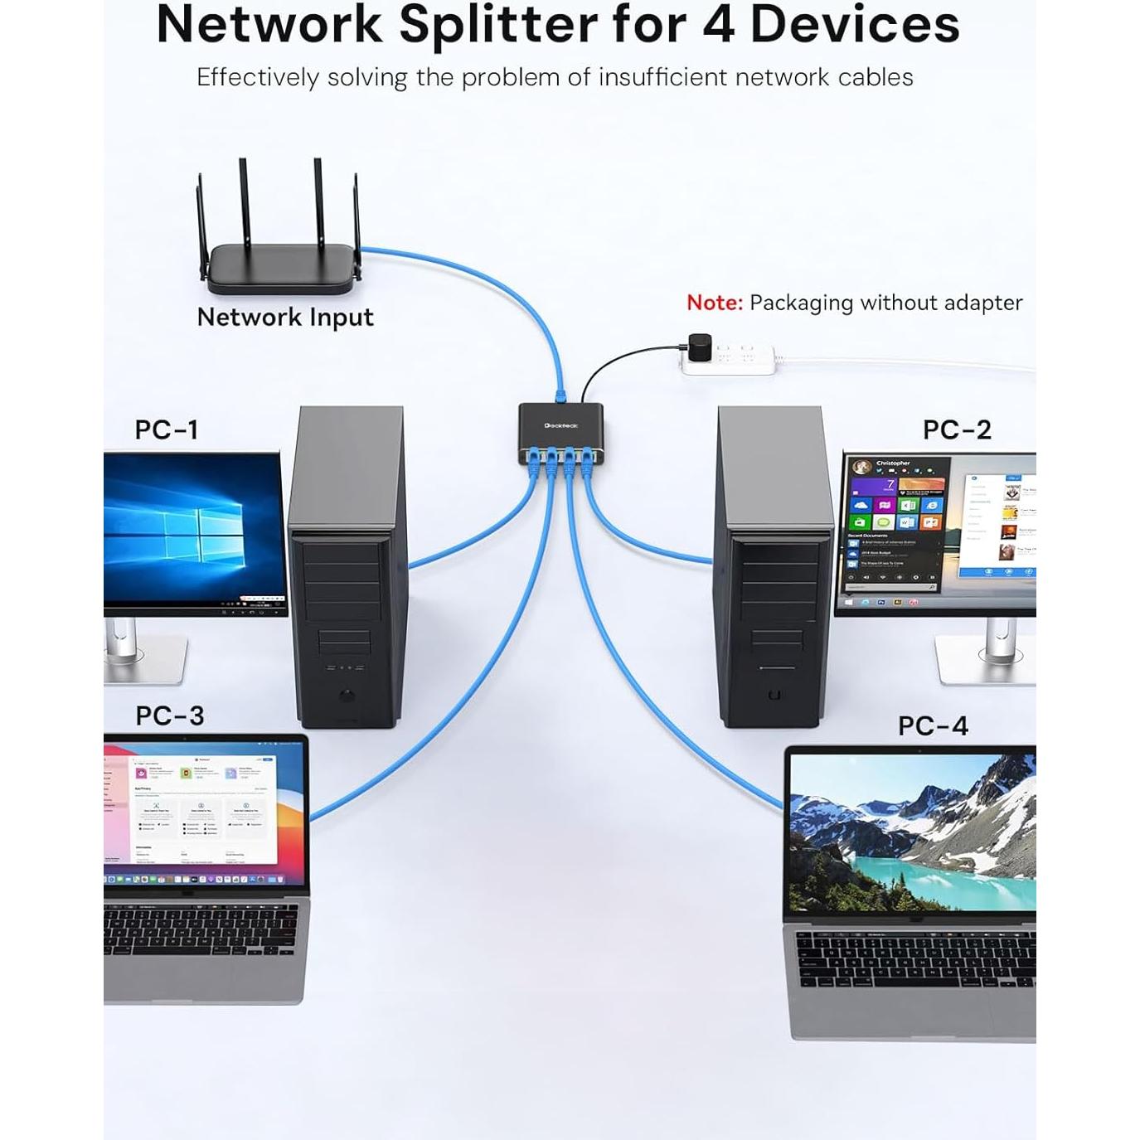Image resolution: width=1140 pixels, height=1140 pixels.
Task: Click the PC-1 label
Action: [167, 429]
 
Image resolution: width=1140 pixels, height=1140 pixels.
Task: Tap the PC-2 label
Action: [957, 429]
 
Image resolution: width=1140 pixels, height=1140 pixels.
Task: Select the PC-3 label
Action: [170, 716]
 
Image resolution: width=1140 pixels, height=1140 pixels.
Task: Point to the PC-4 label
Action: [933, 726]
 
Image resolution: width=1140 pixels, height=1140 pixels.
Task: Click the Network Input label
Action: [285, 317]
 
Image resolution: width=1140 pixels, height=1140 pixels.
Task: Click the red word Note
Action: [714, 303]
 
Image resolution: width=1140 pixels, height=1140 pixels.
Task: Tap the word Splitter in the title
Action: [498, 25]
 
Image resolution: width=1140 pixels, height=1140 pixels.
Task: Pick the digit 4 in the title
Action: [718, 25]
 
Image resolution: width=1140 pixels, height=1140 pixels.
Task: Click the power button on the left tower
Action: [347, 696]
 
